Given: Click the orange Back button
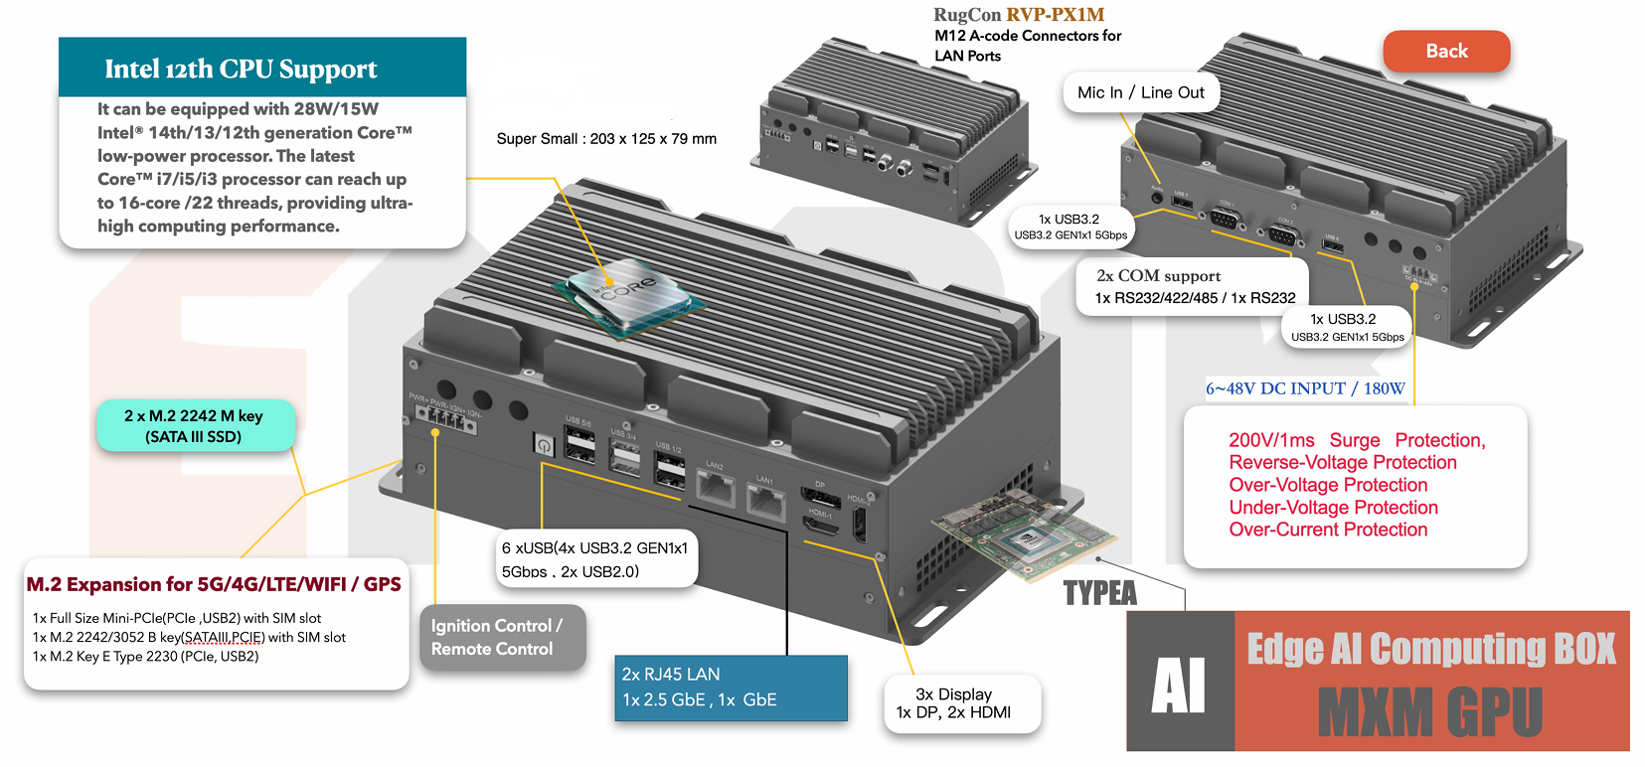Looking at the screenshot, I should [1446, 52].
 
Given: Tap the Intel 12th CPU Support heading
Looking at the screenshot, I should [241, 69].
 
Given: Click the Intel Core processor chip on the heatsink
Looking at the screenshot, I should [630, 293].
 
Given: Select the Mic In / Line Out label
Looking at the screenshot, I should [1140, 92].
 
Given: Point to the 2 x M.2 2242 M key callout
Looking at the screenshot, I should [194, 425].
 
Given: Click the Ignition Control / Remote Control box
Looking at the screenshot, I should [501, 637].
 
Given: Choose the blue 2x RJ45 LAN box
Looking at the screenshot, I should [731, 687].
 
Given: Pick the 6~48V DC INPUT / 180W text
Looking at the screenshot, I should [1305, 388].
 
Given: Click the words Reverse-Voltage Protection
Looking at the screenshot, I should [1342, 462].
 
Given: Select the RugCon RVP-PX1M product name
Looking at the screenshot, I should [1019, 15].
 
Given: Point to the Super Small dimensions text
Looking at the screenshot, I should [606, 139].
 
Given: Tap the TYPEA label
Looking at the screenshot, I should [1099, 593].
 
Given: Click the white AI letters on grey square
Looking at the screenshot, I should [1179, 685].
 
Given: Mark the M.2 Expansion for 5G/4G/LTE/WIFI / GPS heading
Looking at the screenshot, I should [214, 584].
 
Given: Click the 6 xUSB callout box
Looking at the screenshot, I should [595, 559].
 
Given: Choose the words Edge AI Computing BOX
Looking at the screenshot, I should [1431, 649].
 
